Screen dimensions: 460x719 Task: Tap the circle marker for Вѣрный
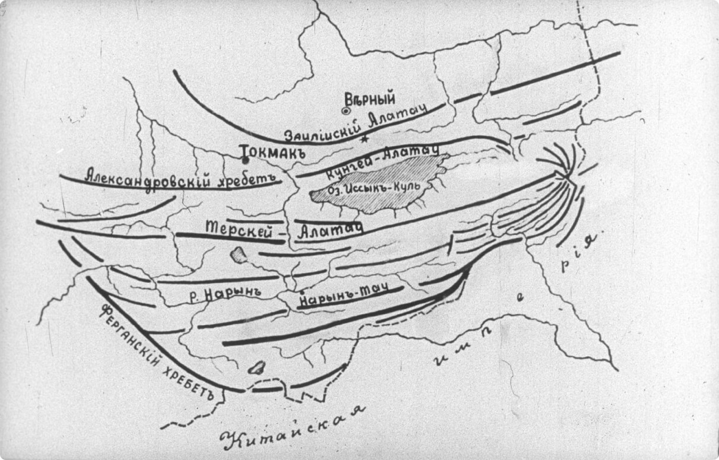pyautogui.click(x=346, y=110)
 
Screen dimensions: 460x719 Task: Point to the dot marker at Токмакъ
pyautogui.click(x=245, y=159)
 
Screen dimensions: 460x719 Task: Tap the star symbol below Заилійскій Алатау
pyautogui.click(x=365, y=139)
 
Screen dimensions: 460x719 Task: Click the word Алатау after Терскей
pyautogui.click(x=329, y=230)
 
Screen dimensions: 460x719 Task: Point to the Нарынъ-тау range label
pyautogui.click(x=347, y=296)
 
